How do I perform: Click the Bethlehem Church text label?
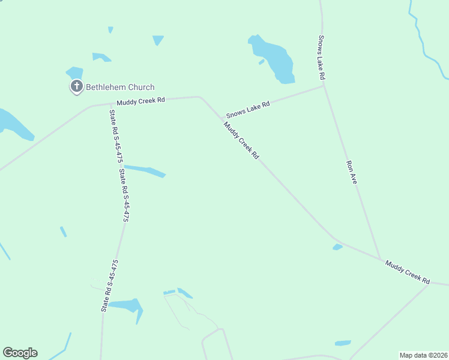[120, 87]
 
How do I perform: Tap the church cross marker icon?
[76, 87]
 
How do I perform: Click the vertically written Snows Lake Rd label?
[321, 58]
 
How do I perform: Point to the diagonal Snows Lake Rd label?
[247, 110]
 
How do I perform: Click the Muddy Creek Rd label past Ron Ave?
[408, 272]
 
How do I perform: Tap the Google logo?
[20, 353]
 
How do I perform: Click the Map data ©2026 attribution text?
[423, 355]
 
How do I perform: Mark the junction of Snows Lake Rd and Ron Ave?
[324, 86]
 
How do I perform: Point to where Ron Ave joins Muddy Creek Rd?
[381, 260]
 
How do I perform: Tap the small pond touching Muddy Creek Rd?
[337, 247]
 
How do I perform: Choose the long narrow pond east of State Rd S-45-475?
[145, 171]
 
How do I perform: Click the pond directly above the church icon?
[75, 72]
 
